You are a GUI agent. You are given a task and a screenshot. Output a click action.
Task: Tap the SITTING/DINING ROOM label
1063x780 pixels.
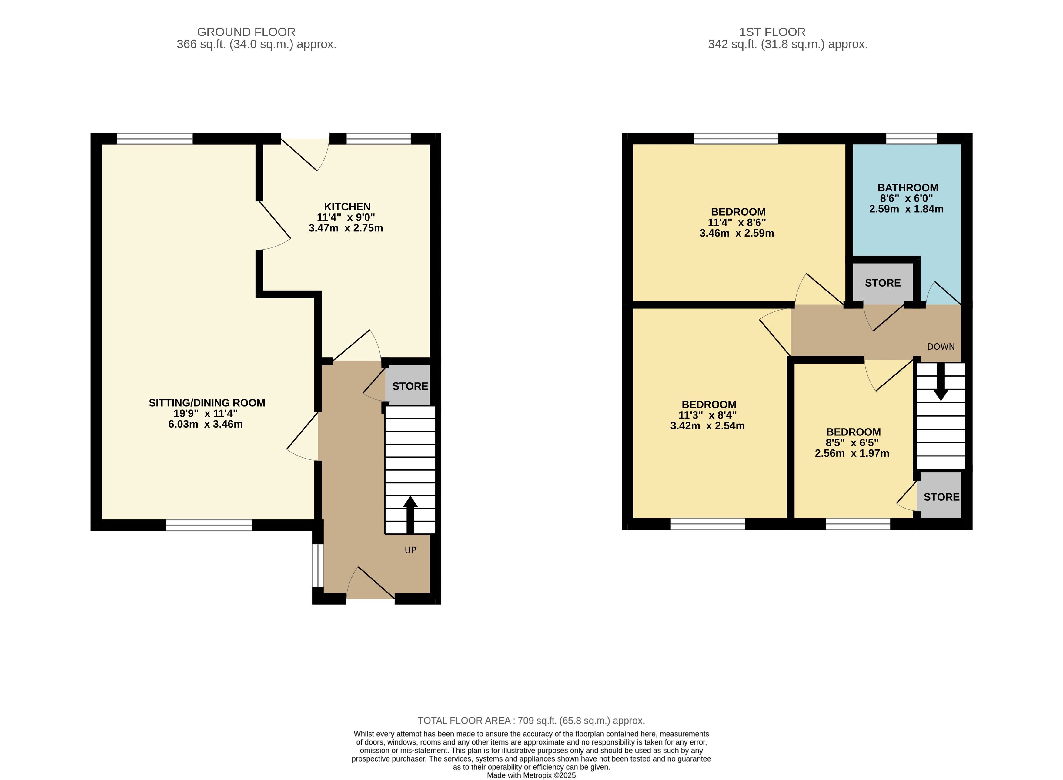[x=207, y=403]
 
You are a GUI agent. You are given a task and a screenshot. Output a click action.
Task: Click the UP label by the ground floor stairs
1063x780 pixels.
[x=410, y=550]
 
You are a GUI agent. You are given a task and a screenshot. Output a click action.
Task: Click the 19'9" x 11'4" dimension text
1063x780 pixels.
[x=206, y=414]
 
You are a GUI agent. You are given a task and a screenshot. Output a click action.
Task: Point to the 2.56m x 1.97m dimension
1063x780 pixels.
[x=852, y=453]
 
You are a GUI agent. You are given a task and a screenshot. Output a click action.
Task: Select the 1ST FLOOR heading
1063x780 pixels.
[x=772, y=32]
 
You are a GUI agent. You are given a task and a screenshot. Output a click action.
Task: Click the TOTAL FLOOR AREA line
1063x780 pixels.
[x=531, y=721]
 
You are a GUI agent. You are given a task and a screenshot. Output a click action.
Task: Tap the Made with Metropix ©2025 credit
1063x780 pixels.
[x=531, y=775]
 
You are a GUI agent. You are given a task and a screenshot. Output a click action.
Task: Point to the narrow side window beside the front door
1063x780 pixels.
[x=318, y=566]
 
